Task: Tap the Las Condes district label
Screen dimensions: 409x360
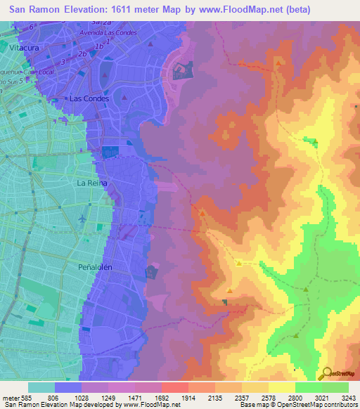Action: pos(87,98)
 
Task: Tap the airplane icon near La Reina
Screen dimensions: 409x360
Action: pos(83,219)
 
